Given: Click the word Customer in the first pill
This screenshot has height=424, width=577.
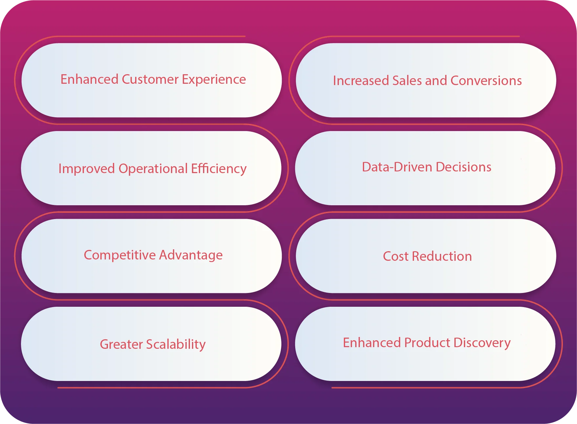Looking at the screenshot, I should coord(150,79).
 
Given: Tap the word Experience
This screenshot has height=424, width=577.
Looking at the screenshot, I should coord(214,79).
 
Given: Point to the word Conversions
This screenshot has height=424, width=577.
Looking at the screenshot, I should coord(486,81).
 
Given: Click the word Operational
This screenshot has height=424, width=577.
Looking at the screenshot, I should coord(153,169).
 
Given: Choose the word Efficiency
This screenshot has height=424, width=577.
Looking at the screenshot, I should coord(219,169).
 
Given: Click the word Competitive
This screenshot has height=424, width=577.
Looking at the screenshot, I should coord(120,255).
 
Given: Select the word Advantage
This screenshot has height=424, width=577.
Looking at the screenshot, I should coord(191,255).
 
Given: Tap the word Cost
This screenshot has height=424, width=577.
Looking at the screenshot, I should coord(396,257).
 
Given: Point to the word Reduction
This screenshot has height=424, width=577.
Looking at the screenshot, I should coord(442,257).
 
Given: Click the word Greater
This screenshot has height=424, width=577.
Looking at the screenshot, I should coord(121,345).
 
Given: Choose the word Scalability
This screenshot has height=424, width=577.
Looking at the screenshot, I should coord(176,345).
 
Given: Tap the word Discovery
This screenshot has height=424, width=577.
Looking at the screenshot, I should coord(482,343).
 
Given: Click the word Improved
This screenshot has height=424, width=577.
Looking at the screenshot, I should coord(87,169).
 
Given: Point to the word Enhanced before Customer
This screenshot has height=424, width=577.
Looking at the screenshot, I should coord(89,79).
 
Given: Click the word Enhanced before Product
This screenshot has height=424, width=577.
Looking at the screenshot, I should coord(372,343).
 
